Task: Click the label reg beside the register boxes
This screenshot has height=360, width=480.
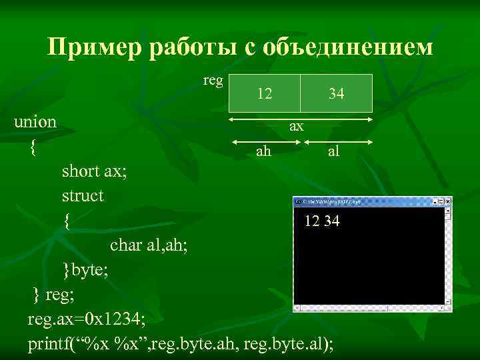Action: pos(213,80)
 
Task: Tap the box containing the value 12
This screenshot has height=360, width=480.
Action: pos(265,94)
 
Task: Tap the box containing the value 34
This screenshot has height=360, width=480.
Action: pos(337,94)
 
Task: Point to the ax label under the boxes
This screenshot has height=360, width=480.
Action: pos(296,125)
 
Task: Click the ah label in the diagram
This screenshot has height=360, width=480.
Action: pos(263,151)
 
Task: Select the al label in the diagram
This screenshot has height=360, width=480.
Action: pos(333,151)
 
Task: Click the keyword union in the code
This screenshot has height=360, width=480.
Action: pos(35,123)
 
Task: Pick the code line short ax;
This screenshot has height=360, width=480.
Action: pos(94,171)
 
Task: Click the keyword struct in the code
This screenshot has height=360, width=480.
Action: pos(83,196)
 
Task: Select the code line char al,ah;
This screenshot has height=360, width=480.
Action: pos(149,245)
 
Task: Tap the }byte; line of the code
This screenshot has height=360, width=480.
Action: pos(85,269)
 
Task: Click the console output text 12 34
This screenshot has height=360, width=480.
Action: pos(322,221)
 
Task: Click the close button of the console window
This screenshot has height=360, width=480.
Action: pos(447,201)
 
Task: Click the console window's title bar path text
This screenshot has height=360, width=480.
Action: pos(331,201)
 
